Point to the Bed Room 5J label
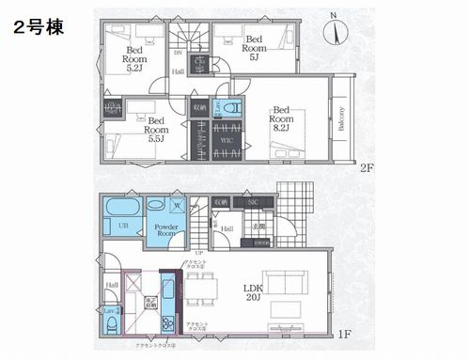pyautogui.click(x=253, y=46)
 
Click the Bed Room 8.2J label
pyautogui.click(x=281, y=119)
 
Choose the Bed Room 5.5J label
pyautogui.click(x=156, y=127)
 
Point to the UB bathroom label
pyautogui.click(x=121, y=227)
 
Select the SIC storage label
pyautogui.click(x=253, y=202)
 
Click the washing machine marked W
pyautogui.click(x=179, y=205)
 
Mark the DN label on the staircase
pyautogui.click(x=179, y=54)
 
